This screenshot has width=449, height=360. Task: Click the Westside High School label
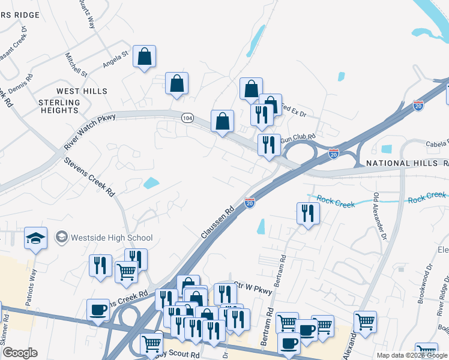[x=112, y=238]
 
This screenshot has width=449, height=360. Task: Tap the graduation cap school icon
[x=36, y=238]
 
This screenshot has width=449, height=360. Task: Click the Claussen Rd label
[x=217, y=223]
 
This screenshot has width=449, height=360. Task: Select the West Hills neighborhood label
[x=82, y=91]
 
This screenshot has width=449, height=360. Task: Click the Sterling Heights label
[x=59, y=106]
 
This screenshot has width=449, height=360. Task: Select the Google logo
[x=19, y=353]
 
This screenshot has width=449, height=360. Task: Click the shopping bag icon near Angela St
[x=144, y=57]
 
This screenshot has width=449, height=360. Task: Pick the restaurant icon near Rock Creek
[x=308, y=214]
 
